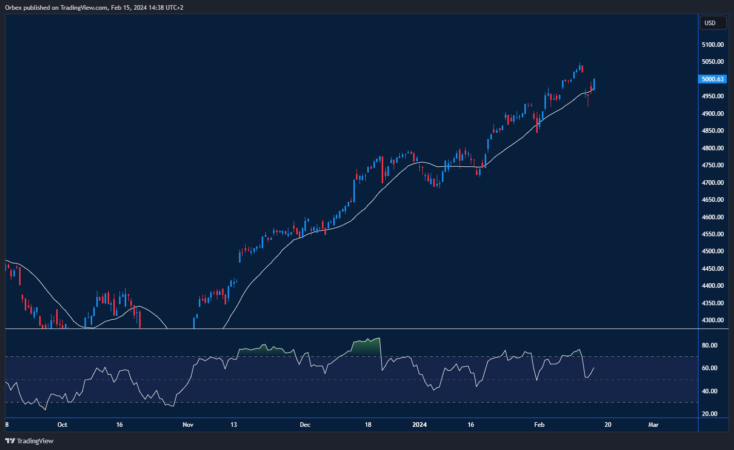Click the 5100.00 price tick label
pos(712,45)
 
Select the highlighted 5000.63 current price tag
pos(713,79)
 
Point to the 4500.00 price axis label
pos(712,251)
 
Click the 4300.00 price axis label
pos(712,320)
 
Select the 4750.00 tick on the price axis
pos(712,165)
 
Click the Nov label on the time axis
pos(188,425)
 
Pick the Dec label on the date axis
pos(305,425)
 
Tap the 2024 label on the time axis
pos(419,425)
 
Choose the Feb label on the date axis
pos(539,425)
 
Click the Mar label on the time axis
pos(653,425)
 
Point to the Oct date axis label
pos(62,425)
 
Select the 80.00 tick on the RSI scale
pos(710,345)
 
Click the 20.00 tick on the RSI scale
pos(710,414)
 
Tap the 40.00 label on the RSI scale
pos(710,391)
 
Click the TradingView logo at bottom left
pos(29,441)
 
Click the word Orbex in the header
pos(14,8)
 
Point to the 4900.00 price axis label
pos(712,114)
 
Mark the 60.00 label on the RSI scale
pos(710,368)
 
